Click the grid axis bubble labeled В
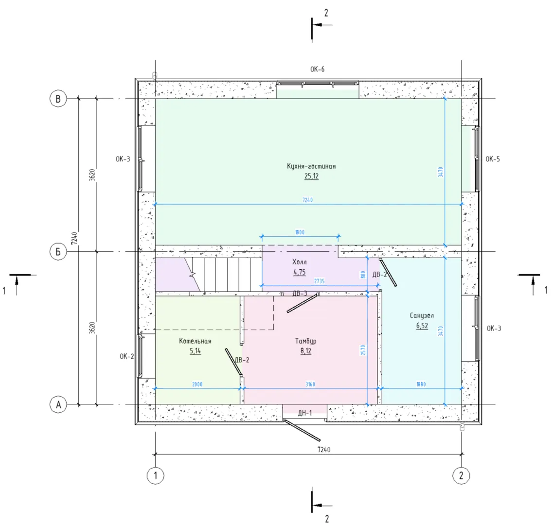click(x=58, y=99)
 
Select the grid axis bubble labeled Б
click(x=58, y=252)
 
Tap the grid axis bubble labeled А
click(x=58, y=404)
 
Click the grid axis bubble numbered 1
click(x=156, y=475)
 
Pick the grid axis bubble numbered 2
click(x=461, y=475)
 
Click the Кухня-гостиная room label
click(x=311, y=166)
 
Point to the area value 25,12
click(x=311, y=176)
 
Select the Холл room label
click(x=300, y=262)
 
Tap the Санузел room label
click(x=422, y=315)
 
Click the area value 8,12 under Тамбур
click(x=306, y=351)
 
